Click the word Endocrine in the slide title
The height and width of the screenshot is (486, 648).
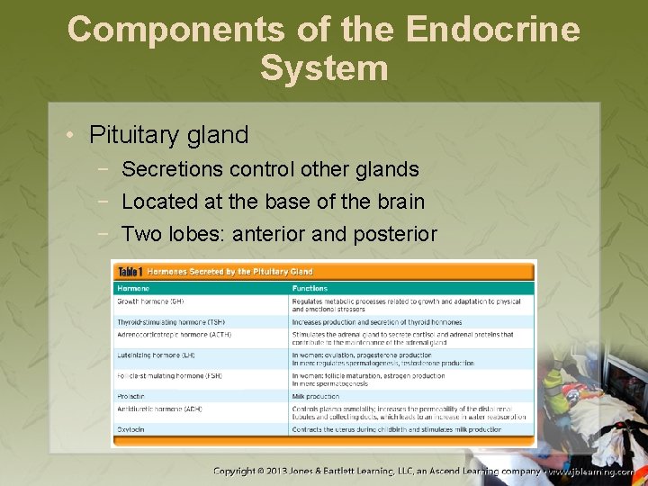click(492, 29)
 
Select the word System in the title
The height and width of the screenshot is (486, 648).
click(324, 68)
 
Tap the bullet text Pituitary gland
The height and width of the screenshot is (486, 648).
click(168, 135)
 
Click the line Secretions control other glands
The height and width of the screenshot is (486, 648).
click(270, 168)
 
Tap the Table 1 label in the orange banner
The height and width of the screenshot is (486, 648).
click(129, 271)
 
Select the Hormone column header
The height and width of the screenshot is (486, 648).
click(134, 288)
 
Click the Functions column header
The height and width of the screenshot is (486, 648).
click(310, 288)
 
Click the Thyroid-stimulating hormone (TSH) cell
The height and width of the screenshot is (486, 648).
click(171, 321)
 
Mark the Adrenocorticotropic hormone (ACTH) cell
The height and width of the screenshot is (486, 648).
click(173, 334)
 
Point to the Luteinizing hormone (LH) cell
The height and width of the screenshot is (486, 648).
click(157, 355)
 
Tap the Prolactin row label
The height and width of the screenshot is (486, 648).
click(130, 396)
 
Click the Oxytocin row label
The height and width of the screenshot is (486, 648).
click(130, 429)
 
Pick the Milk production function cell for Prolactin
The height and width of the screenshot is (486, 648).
click(316, 396)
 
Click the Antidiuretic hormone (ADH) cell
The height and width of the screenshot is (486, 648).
click(159, 409)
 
